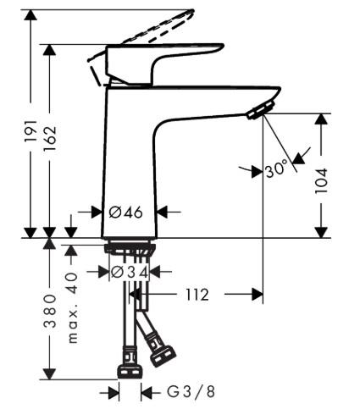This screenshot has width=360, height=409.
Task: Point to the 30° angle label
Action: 277,169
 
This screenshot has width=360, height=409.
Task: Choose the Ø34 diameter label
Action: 130,272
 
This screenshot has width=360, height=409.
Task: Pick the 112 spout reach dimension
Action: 196,295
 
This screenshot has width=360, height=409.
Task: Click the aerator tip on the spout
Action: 258,111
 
